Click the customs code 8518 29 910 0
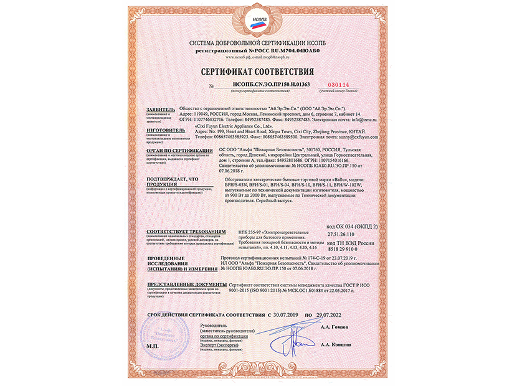(x=345, y=247)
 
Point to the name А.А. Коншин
(x=333, y=344)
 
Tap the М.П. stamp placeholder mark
(x=151, y=344)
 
